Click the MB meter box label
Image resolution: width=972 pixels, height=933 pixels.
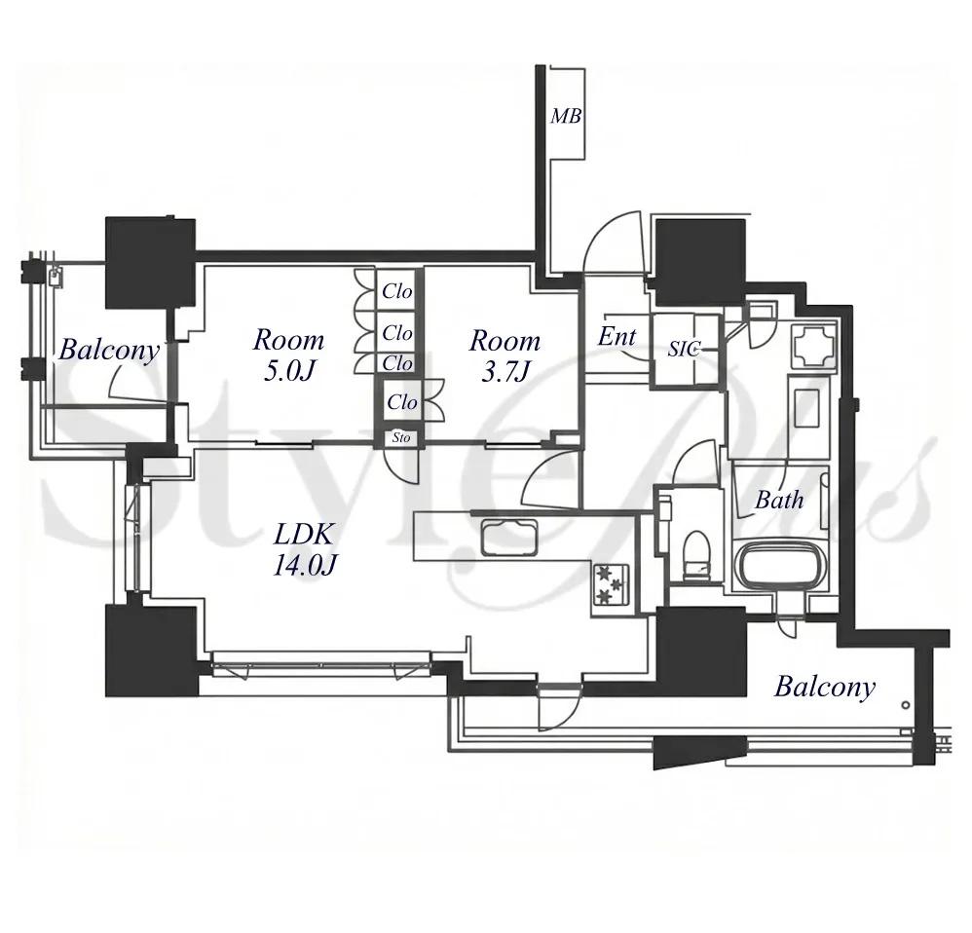[x=566, y=115]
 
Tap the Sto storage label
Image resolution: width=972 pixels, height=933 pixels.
[x=401, y=437]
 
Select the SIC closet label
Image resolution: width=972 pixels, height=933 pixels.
[x=683, y=349]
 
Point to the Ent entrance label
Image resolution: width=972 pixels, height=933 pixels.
[x=617, y=336]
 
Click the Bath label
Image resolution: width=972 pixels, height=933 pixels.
[x=778, y=499]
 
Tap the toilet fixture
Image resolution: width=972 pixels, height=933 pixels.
[x=694, y=555]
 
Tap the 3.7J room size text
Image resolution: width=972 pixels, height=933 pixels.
[x=505, y=371]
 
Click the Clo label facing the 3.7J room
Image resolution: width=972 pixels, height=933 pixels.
[x=402, y=402]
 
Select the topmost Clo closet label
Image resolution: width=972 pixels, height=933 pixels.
[x=397, y=291]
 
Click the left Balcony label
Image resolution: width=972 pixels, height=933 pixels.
[x=109, y=351]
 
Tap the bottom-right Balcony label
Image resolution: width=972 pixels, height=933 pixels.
[x=825, y=687]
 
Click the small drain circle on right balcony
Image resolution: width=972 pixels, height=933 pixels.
[x=906, y=705]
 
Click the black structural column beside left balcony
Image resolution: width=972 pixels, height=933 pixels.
[x=150, y=262]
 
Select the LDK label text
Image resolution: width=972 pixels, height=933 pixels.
[x=305, y=533]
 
